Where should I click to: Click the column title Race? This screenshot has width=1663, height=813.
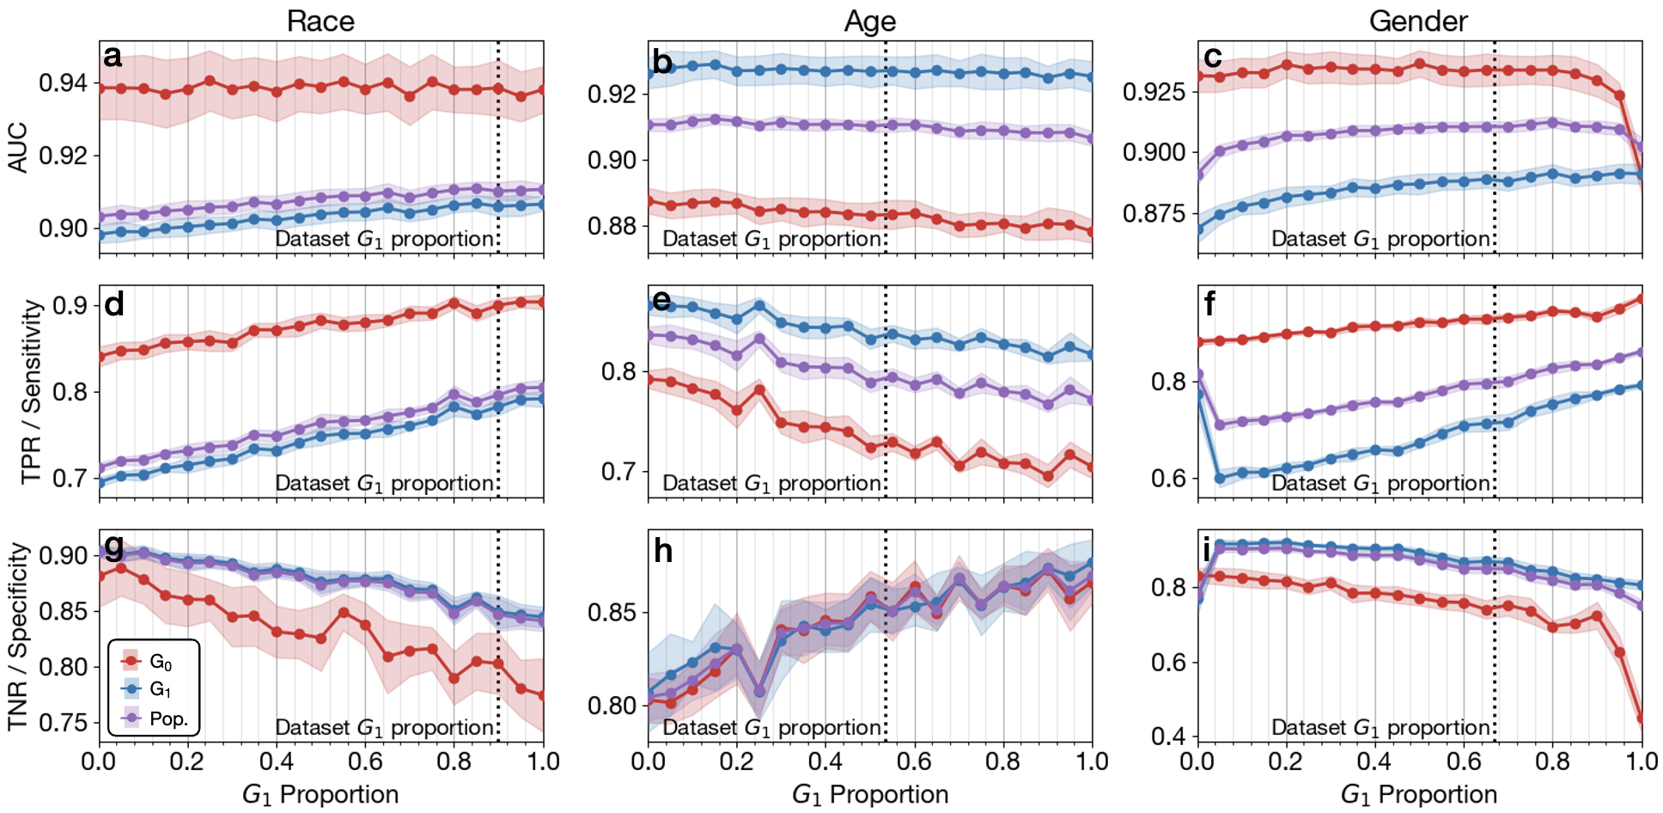[320, 21]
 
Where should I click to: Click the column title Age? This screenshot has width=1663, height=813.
[869, 21]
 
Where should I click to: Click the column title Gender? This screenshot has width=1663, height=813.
[1418, 21]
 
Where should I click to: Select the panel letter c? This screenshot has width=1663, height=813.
[1213, 57]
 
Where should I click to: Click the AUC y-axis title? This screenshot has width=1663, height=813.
[18, 148]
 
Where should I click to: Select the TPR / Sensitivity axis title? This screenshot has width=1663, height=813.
[31, 391]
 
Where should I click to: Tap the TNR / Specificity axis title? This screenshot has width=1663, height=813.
[18, 636]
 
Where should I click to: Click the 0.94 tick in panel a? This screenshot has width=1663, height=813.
[63, 83]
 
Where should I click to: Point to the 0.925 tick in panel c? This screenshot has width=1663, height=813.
[1154, 91]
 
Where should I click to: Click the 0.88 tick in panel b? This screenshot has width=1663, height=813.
[612, 226]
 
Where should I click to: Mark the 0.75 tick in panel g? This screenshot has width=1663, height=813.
[63, 723]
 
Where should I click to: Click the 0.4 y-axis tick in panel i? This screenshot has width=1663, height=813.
[1169, 736]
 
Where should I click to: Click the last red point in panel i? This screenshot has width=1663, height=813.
[1642, 718]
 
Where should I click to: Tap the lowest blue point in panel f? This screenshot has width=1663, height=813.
[1220, 479]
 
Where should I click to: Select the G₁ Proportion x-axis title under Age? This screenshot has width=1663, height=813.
[869, 794]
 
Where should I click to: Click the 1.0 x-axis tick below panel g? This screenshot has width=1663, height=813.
[543, 761]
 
